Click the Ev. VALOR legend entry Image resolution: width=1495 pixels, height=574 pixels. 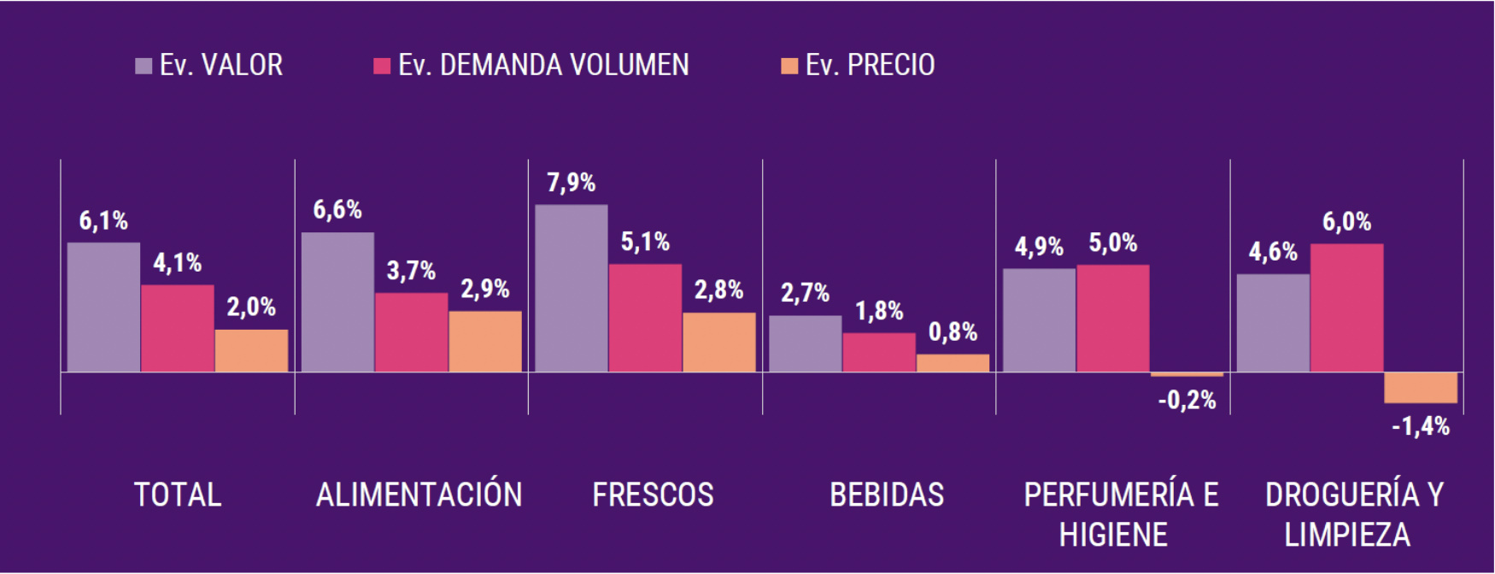pos(209,66)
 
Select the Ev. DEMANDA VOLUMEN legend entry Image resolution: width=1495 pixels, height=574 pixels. pos(531,66)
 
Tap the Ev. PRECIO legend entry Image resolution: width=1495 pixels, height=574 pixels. pos(859,66)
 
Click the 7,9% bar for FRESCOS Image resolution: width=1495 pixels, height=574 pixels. pos(572,288)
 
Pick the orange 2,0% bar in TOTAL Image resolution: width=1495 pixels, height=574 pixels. pos(251,350)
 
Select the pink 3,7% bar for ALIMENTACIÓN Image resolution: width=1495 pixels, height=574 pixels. pos(411,332)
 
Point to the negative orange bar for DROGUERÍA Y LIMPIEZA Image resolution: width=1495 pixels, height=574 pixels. pos(1421,388)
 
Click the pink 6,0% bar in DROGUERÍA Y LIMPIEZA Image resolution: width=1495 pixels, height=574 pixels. pos(1346,307)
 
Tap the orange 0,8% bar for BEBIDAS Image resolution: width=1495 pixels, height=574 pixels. pos(953,363)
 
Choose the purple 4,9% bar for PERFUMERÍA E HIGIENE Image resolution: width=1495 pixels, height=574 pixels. pos(1039,320)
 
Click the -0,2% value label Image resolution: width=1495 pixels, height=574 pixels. pos(1187,400)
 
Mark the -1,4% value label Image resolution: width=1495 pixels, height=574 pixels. pos(1421,426)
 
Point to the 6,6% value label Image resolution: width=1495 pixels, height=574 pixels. pos(337,210)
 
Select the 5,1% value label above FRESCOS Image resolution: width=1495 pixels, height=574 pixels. pos(645,243)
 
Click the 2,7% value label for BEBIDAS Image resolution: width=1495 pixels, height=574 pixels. pos(805,294)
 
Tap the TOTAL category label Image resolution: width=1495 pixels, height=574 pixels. pos(178,495)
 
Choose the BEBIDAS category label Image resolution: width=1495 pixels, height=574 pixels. pos(887,495)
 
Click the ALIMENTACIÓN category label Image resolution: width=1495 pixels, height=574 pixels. pos(419,495)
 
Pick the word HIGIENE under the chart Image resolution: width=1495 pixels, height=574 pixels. pos(1113,536)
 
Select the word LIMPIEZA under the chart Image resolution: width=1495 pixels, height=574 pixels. pos(1347,536)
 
